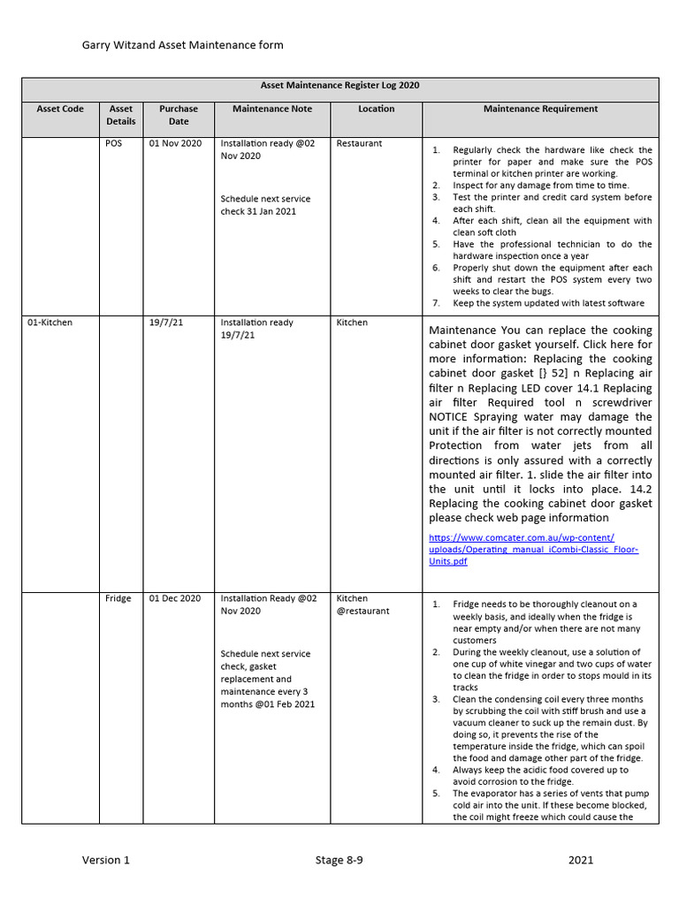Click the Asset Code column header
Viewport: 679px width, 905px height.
click(60, 109)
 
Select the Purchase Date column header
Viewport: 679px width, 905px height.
click(179, 115)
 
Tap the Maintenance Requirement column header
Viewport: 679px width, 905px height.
click(540, 109)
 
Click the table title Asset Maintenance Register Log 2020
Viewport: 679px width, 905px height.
click(339, 86)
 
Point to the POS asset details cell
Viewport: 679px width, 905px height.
click(113, 143)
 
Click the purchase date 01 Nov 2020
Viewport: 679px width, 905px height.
click(176, 143)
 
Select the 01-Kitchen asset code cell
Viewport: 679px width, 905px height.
click(50, 323)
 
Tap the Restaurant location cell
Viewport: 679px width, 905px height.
click(359, 143)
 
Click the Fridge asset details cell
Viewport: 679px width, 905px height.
click(118, 598)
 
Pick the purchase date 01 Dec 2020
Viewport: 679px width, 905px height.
click(175, 598)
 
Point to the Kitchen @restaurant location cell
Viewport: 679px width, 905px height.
click(362, 605)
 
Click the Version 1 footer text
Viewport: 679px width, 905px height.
click(106, 860)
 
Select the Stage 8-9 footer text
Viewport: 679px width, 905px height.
click(339, 860)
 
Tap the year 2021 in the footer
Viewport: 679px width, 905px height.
click(581, 860)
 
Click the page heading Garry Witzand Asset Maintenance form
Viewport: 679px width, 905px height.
click(183, 45)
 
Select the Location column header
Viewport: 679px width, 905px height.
click(377, 109)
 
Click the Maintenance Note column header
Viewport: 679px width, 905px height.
click(272, 109)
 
